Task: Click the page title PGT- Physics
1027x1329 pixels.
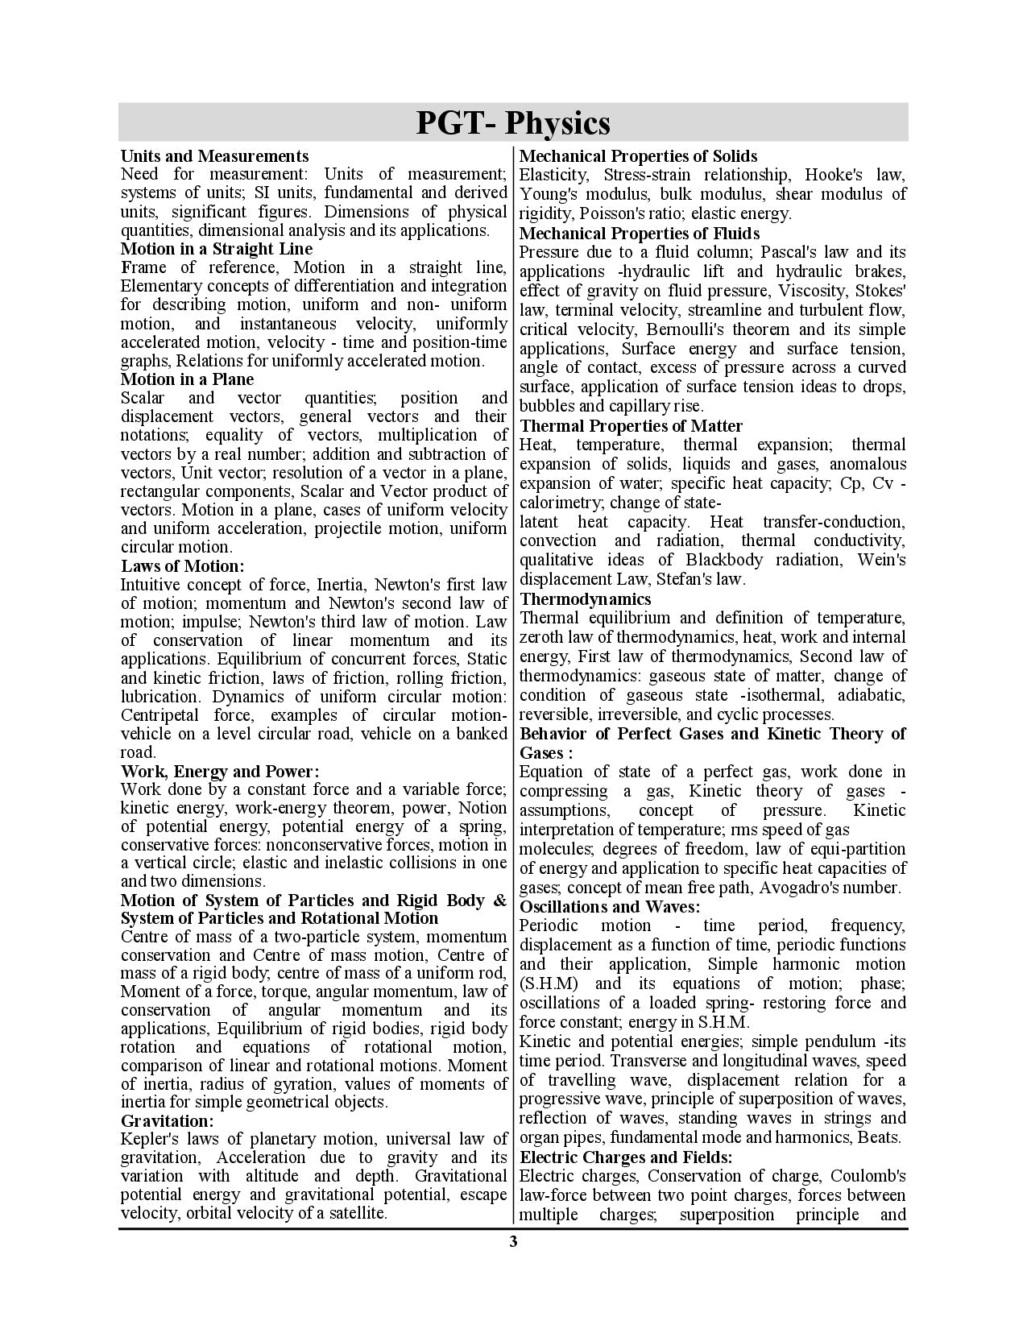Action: (x=513, y=123)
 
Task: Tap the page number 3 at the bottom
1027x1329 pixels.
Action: (x=513, y=1241)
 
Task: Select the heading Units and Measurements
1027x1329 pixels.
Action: (x=214, y=155)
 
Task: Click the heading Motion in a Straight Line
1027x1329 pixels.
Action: (x=216, y=249)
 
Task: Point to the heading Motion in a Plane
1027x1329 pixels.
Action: (x=187, y=379)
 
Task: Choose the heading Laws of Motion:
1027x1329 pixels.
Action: (x=182, y=566)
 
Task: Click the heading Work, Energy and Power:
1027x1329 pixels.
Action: (x=220, y=771)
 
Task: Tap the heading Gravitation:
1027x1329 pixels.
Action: (x=168, y=1121)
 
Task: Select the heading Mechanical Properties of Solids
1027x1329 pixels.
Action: (x=638, y=156)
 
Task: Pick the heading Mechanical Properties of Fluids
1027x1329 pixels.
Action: (x=640, y=234)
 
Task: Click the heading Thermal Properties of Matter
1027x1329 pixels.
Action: (x=631, y=426)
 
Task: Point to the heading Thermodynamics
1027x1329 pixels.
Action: (x=585, y=599)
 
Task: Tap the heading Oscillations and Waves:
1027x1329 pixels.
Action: (x=610, y=907)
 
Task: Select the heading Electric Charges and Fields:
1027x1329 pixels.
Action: (x=626, y=1157)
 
